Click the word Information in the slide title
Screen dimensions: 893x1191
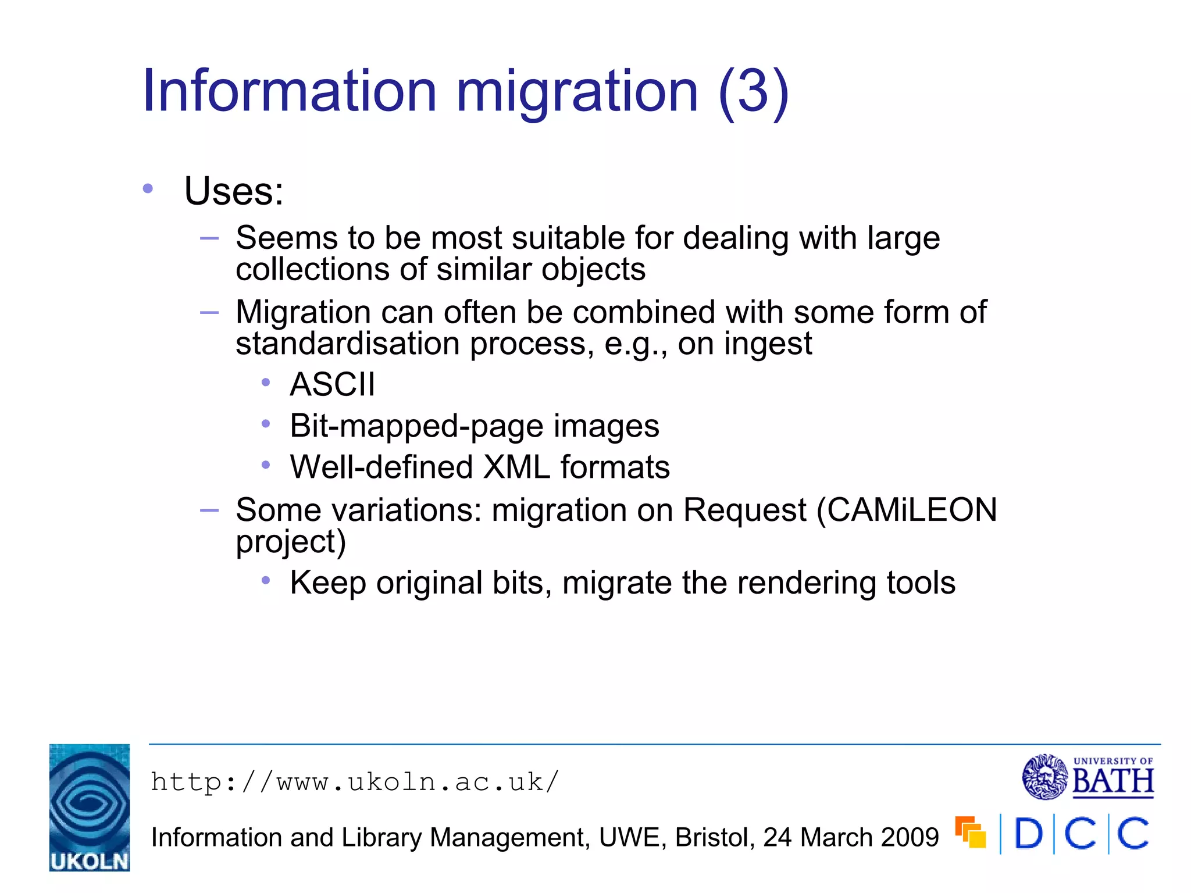289,91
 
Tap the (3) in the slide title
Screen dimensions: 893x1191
754,92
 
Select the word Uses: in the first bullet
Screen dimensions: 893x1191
234,191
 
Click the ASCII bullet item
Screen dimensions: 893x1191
333,384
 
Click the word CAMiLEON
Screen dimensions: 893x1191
912,510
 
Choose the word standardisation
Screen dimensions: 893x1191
348,344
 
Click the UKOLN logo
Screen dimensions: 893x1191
90,808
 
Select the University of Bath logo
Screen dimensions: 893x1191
1087,777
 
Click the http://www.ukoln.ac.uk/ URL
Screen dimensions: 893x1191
355,782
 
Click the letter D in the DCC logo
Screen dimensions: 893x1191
1028,834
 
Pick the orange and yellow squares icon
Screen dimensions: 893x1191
970,833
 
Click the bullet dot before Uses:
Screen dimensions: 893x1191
148,188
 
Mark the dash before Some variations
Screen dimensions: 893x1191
209,510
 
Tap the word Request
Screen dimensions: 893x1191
744,510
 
